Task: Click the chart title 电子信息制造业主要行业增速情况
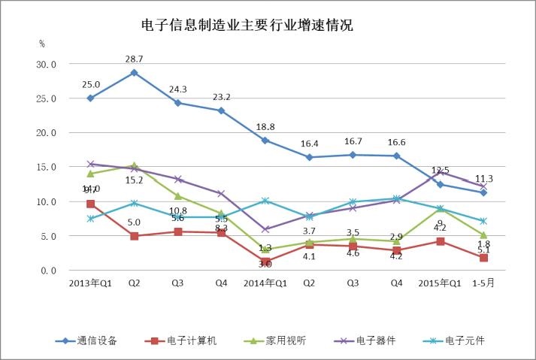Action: [x=247, y=25]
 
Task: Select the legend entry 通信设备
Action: [x=97, y=340]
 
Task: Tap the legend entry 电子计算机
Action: [x=191, y=340]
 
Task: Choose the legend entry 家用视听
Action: [x=286, y=340]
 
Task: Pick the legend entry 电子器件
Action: [x=376, y=340]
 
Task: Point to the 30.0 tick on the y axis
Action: [x=47, y=65]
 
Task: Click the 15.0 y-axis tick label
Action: [x=47, y=168]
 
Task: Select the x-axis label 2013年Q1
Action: [x=90, y=283]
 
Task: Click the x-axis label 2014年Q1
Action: [x=265, y=283]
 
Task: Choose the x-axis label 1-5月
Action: [x=483, y=283]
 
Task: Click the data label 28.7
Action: [x=134, y=58]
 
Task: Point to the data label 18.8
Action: [x=265, y=127]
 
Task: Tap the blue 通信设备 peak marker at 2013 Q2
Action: [x=134, y=73]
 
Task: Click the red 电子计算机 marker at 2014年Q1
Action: [x=265, y=262]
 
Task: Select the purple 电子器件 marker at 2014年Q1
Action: [x=265, y=229]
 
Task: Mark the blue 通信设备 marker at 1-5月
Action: [x=483, y=192]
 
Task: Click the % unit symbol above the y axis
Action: [x=42, y=44]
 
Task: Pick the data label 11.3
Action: [x=483, y=179]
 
